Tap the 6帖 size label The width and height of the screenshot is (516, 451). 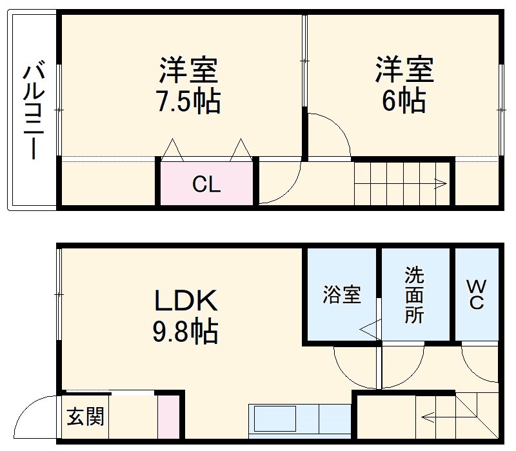(x=404, y=102)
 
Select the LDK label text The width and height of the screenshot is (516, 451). (x=185, y=300)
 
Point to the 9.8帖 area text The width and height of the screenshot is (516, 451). (x=185, y=332)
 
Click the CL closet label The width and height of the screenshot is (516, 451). (x=206, y=185)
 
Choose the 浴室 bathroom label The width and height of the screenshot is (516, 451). (x=342, y=296)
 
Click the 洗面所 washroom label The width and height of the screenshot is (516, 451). (x=415, y=296)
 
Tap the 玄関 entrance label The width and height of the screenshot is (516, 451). (x=86, y=418)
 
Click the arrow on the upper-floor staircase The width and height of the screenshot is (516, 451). (x=440, y=184)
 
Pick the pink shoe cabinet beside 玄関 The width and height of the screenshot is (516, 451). (x=168, y=417)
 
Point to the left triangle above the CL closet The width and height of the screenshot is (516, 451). (x=172, y=150)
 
